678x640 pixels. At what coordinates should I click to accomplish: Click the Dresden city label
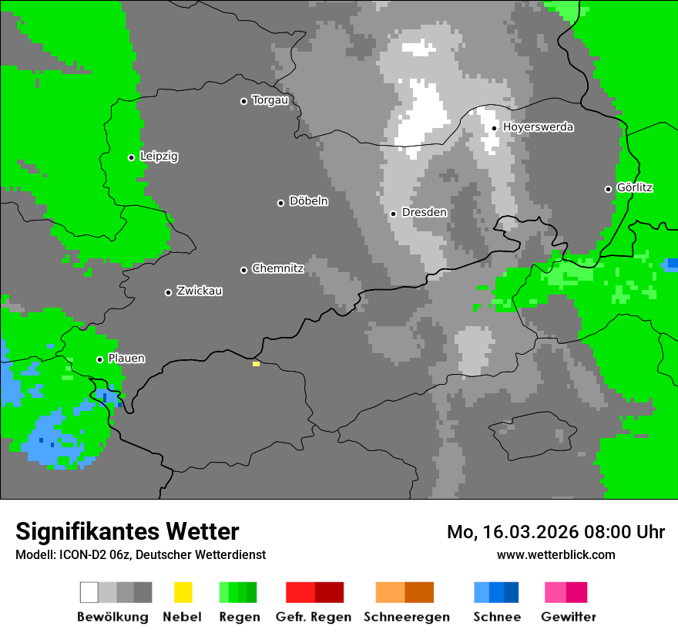coord(424,212)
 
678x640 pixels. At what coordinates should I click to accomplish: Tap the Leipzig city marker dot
coord(131,157)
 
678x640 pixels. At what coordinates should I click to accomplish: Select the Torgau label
coord(270,100)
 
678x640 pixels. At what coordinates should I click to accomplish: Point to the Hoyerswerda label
coord(538,127)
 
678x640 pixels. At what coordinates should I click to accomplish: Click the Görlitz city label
coord(635,187)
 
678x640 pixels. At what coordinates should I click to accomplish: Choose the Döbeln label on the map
coord(308,201)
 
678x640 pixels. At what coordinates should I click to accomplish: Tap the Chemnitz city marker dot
coord(243,270)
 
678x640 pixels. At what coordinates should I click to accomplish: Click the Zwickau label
coord(200,291)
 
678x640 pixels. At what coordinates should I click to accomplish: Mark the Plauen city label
coord(126,359)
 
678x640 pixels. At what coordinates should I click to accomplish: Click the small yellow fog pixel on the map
coord(256,363)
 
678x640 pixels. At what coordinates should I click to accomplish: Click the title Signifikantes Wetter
coord(127,531)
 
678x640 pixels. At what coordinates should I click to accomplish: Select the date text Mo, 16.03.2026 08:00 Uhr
coord(555,532)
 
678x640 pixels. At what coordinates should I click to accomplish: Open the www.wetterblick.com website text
coord(555,554)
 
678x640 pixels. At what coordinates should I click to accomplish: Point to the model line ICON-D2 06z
coord(140,554)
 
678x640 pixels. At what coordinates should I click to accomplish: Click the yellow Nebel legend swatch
coord(183,592)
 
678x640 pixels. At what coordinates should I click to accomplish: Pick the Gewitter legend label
coord(569,617)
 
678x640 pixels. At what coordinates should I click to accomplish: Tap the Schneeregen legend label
coord(407,617)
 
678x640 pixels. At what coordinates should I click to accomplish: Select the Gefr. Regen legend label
coord(314,617)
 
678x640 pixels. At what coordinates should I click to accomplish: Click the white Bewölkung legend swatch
coord(89,592)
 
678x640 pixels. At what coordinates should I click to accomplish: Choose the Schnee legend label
coord(497,617)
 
